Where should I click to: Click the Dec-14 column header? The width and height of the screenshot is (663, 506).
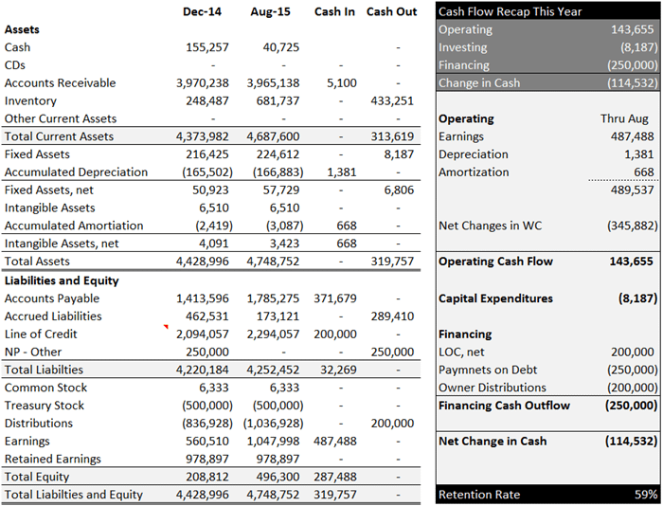coord(202,11)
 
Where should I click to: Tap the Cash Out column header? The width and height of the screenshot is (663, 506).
coord(392,11)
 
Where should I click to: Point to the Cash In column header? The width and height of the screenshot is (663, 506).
coord(335,11)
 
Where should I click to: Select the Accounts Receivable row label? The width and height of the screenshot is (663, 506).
coord(60,83)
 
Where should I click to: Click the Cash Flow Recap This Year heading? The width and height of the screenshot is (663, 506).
coord(511,11)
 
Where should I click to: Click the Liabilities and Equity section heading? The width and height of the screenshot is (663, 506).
coord(62,280)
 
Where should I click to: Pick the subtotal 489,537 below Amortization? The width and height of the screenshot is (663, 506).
coord(632,190)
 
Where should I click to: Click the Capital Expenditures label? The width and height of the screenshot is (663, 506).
coord(495,298)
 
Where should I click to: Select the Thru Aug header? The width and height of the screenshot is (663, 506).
coord(624,119)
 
